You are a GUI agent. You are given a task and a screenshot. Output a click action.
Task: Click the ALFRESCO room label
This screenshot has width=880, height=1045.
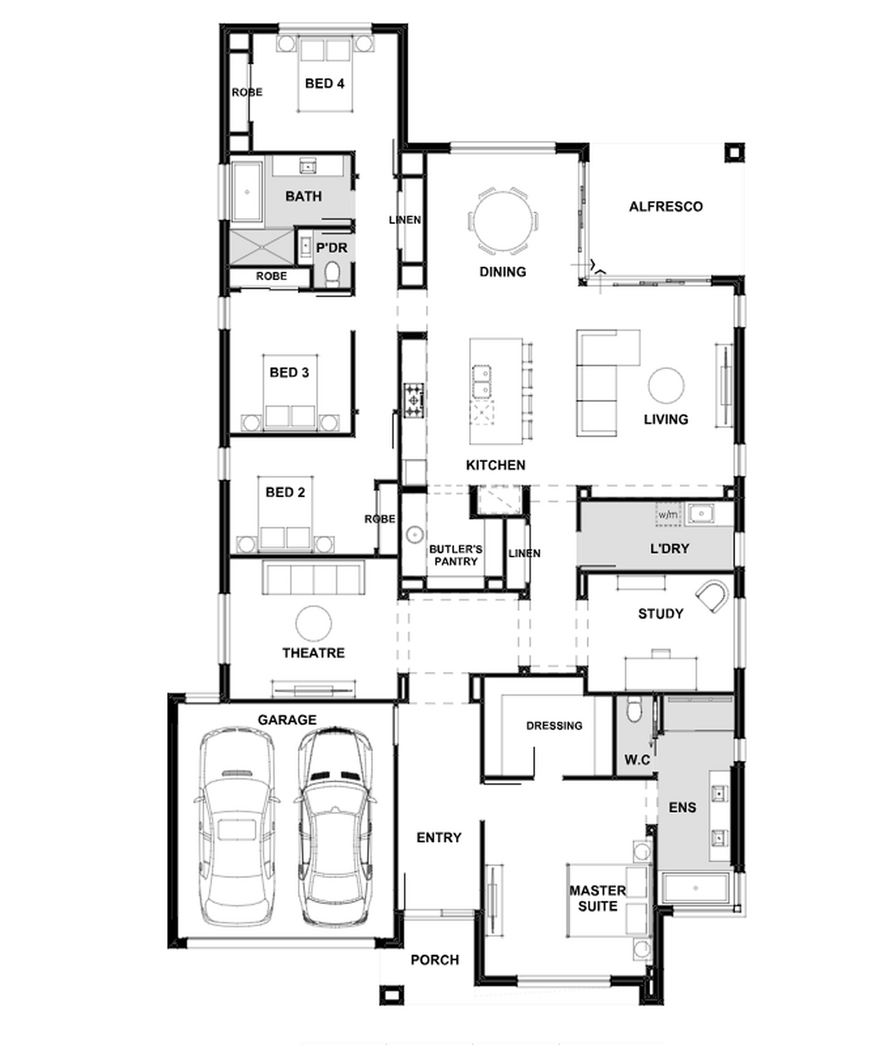[665, 207]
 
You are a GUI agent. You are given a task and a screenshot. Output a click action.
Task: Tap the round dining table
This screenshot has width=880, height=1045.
[503, 220]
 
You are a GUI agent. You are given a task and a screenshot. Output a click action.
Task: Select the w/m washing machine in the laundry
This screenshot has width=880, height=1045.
[668, 514]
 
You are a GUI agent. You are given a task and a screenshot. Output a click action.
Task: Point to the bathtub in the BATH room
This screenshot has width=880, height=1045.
[247, 191]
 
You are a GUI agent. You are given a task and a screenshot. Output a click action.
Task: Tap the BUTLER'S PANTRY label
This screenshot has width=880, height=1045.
[456, 555]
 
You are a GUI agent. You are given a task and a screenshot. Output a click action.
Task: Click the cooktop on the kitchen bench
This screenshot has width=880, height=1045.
[414, 400]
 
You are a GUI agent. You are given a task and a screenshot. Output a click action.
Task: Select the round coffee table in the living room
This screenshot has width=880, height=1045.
[666, 386]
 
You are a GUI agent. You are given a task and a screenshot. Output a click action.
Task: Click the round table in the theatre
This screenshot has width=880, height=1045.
[313, 624]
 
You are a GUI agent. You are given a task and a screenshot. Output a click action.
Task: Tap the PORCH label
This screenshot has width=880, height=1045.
[435, 959]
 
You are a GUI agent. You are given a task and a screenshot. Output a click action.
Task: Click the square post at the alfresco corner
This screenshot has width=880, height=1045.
[734, 153]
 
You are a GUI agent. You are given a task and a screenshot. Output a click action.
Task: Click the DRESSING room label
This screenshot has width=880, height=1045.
[554, 726]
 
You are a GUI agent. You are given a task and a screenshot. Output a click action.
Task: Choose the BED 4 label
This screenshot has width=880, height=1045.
[324, 83]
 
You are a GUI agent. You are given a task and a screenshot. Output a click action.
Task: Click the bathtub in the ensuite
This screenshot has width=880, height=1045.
[695, 889]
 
